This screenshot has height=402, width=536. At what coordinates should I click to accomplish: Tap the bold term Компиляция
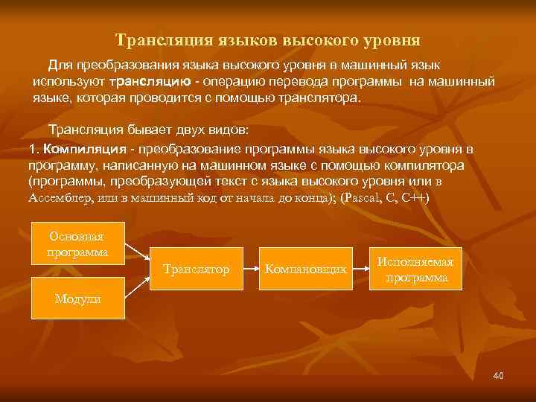click(80, 149)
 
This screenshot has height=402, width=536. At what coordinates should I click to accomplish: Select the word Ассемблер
click(60, 198)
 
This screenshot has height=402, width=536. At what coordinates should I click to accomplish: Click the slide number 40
click(498, 376)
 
